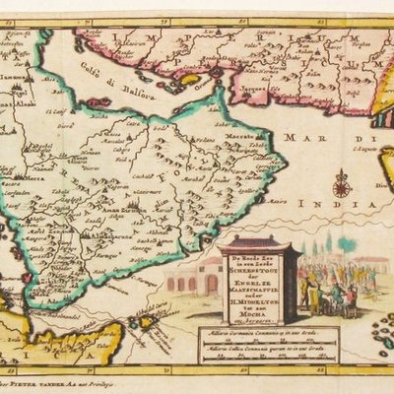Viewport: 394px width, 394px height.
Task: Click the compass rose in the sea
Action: click(342, 183)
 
